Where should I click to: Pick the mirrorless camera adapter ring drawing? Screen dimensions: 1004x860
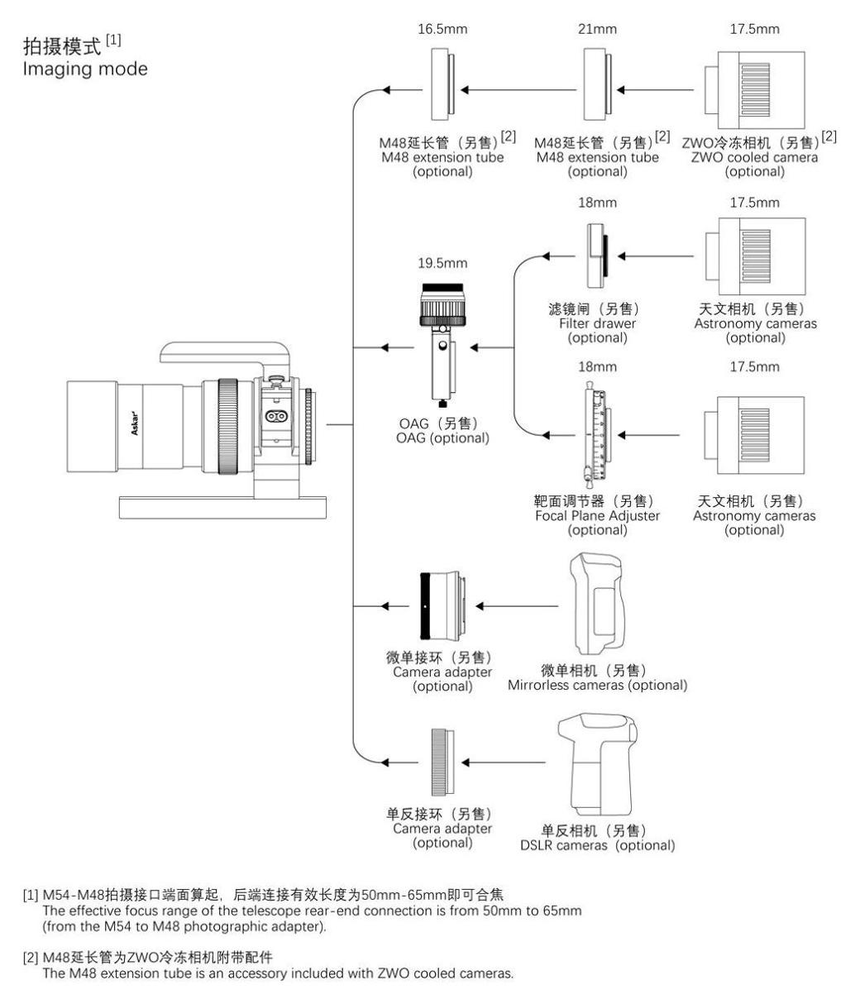[x=444, y=607]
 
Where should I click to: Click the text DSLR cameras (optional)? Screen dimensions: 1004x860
[x=607, y=845]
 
